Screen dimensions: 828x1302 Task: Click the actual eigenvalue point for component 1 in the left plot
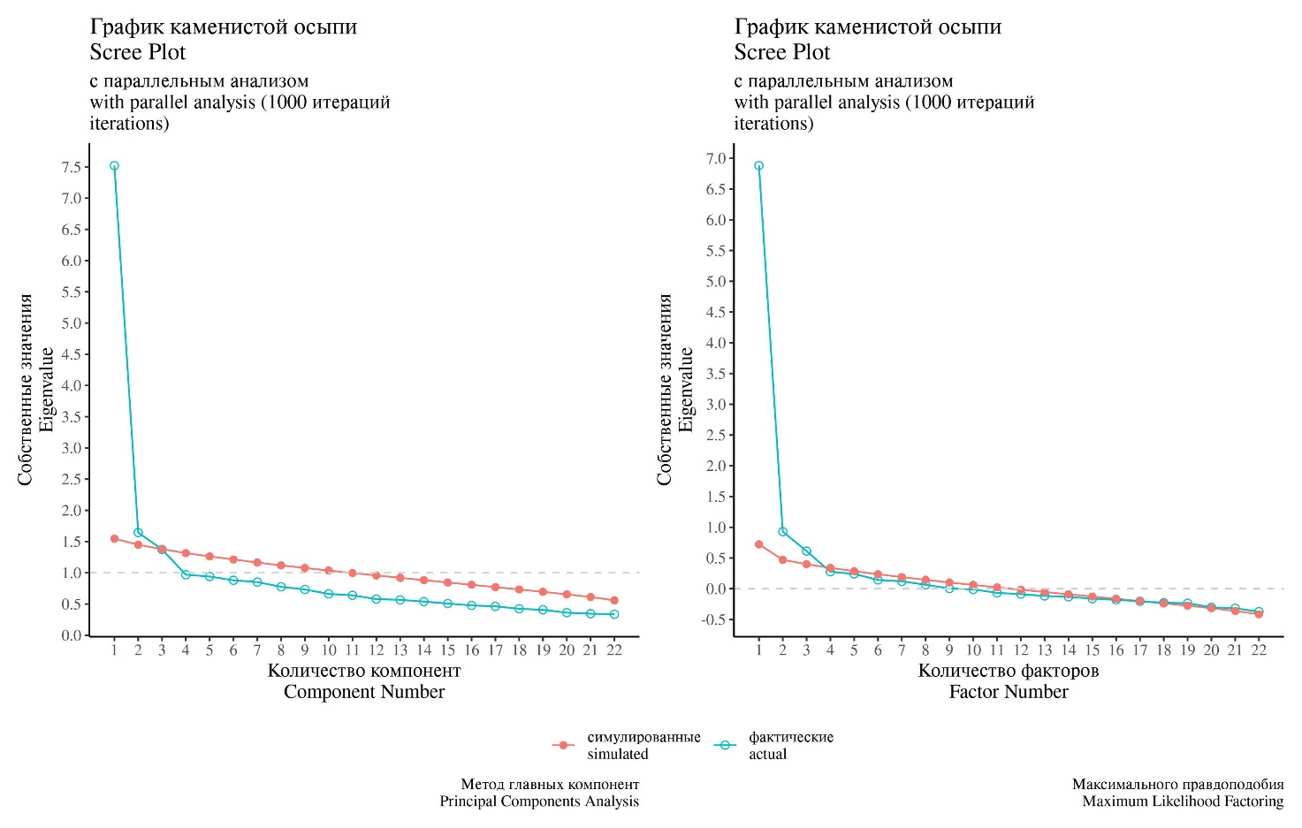point(114,166)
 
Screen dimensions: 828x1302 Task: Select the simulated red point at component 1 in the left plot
point(114,538)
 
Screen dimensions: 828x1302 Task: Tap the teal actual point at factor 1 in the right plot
point(758,166)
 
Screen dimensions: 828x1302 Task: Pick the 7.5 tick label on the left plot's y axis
point(72,167)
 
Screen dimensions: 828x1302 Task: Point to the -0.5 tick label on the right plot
point(714,619)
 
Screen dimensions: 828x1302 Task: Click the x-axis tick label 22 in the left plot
point(614,650)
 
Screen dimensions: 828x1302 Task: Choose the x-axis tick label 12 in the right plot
point(1021,650)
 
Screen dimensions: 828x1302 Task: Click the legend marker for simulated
point(563,746)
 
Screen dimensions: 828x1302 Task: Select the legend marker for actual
point(725,746)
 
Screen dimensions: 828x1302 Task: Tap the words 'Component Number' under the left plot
point(364,692)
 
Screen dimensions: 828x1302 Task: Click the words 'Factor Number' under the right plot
point(1009,692)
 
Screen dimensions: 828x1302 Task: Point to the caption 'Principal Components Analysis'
point(539,801)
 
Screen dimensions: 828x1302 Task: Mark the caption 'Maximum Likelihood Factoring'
point(1183,801)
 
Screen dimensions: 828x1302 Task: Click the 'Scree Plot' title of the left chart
point(138,52)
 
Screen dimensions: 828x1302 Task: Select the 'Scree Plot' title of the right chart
point(782,52)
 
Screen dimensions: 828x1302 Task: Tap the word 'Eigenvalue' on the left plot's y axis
point(47,390)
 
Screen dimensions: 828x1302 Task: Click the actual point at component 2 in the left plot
point(138,532)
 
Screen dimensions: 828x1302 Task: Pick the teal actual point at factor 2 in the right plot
point(782,532)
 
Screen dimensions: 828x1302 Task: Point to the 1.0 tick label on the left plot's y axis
point(72,573)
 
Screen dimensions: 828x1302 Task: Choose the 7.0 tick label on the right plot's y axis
point(716,158)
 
